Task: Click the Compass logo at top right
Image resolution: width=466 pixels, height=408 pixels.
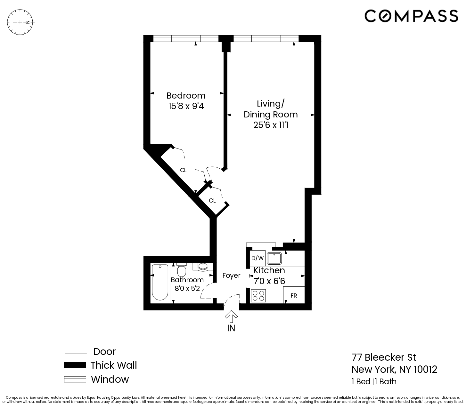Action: tap(411, 16)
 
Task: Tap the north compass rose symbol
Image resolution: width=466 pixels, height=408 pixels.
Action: tap(21, 22)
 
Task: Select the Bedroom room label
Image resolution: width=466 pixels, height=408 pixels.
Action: tap(186, 96)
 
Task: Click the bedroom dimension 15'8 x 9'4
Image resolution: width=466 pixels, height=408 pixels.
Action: tap(186, 106)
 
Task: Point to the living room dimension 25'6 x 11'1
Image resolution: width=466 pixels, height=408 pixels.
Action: tap(271, 125)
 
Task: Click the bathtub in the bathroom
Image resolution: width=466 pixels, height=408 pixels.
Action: tap(160, 282)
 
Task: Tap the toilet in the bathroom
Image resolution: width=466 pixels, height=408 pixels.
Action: tap(182, 270)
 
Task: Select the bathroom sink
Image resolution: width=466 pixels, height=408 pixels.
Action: tap(203, 266)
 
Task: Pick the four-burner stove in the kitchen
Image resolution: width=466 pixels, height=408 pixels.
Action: tap(258, 296)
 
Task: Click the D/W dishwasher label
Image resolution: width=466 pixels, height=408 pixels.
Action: tap(257, 258)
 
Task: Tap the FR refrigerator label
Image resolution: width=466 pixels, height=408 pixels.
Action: tap(294, 296)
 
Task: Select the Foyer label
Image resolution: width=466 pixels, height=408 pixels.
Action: tap(231, 276)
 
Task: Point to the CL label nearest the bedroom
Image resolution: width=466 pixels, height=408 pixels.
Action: tap(183, 170)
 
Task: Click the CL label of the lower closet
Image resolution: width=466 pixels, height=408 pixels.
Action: tap(212, 201)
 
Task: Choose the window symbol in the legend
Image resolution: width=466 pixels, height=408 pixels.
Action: tap(75, 379)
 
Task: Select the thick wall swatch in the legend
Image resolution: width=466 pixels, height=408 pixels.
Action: tap(75, 365)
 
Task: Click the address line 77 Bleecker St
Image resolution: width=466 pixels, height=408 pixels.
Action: tap(384, 357)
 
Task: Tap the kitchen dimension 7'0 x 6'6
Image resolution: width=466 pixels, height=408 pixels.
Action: tap(269, 281)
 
